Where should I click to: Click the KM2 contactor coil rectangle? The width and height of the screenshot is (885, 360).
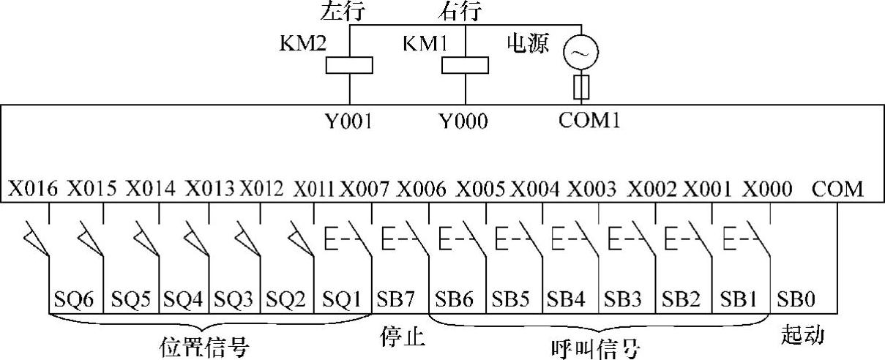coord(349,65)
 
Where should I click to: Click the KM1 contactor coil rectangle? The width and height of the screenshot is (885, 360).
coord(465,65)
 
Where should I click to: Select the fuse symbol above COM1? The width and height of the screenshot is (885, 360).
coord(580,87)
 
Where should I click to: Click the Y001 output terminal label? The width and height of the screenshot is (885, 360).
coord(349,120)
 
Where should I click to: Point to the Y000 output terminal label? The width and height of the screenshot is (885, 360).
coord(465,120)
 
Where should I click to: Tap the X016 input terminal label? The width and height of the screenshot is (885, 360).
coord(33,189)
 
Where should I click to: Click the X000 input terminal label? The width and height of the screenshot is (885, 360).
coord(767,189)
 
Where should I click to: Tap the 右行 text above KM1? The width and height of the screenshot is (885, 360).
coord(458,12)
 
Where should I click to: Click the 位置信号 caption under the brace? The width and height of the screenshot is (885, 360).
coord(205,346)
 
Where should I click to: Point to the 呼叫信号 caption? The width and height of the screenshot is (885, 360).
coord(594,346)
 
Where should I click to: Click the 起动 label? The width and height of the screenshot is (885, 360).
coord(803,336)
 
